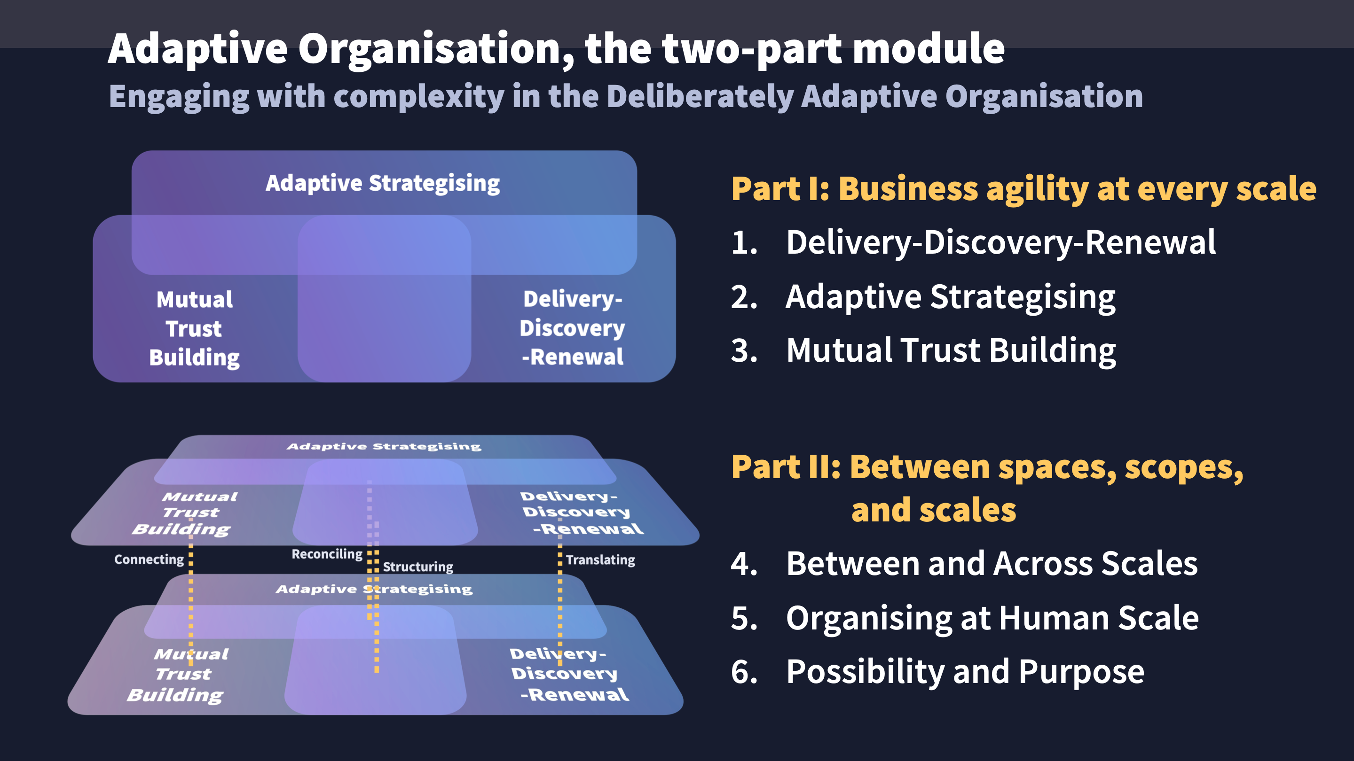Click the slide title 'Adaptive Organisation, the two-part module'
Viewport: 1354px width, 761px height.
(556, 48)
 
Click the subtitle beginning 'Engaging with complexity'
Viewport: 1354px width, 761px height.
(625, 97)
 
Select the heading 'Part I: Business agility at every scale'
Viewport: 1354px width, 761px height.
(1023, 188)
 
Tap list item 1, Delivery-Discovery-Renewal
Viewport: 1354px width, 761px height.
(1000, 243)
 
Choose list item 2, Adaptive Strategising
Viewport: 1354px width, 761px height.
(950, 297)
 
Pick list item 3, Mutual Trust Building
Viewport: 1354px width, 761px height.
(950, 350)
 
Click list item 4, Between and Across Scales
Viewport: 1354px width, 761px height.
(992, 564)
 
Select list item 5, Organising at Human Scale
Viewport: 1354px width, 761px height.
(992, 618)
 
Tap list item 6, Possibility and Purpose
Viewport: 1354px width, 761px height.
(965, 672)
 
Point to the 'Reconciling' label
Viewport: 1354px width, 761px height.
(327, 554)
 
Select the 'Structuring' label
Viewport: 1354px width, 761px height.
(418, 567)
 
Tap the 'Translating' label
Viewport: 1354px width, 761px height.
(600, 560)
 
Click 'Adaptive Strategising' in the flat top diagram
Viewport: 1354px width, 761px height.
(383, 183)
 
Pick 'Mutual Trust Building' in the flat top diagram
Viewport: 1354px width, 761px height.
(195, 328)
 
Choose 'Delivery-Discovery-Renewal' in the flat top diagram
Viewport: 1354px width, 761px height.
(573, 328)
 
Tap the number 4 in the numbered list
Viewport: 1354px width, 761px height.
(744, 564)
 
